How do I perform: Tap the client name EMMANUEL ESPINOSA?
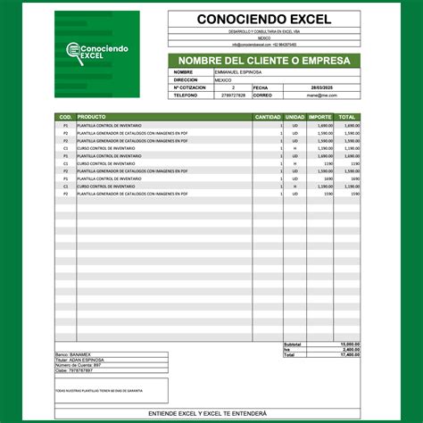pyautogui.click(x=235, y=72)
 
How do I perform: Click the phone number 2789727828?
pyautogui.click(x=233, y=95)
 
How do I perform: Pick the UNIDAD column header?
pyautogui.click(x=294, y=117)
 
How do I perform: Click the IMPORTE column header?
pyautogui.click(x=320, y=117)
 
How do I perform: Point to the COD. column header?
pyautogui.click(x=65, y=117)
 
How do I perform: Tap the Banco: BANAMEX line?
pyautogui.click(x=75, y=354)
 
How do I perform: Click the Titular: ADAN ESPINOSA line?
pyautogui.click(x=80, y=360)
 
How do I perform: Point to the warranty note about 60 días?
pyautogui.click(x=98, y=390)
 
